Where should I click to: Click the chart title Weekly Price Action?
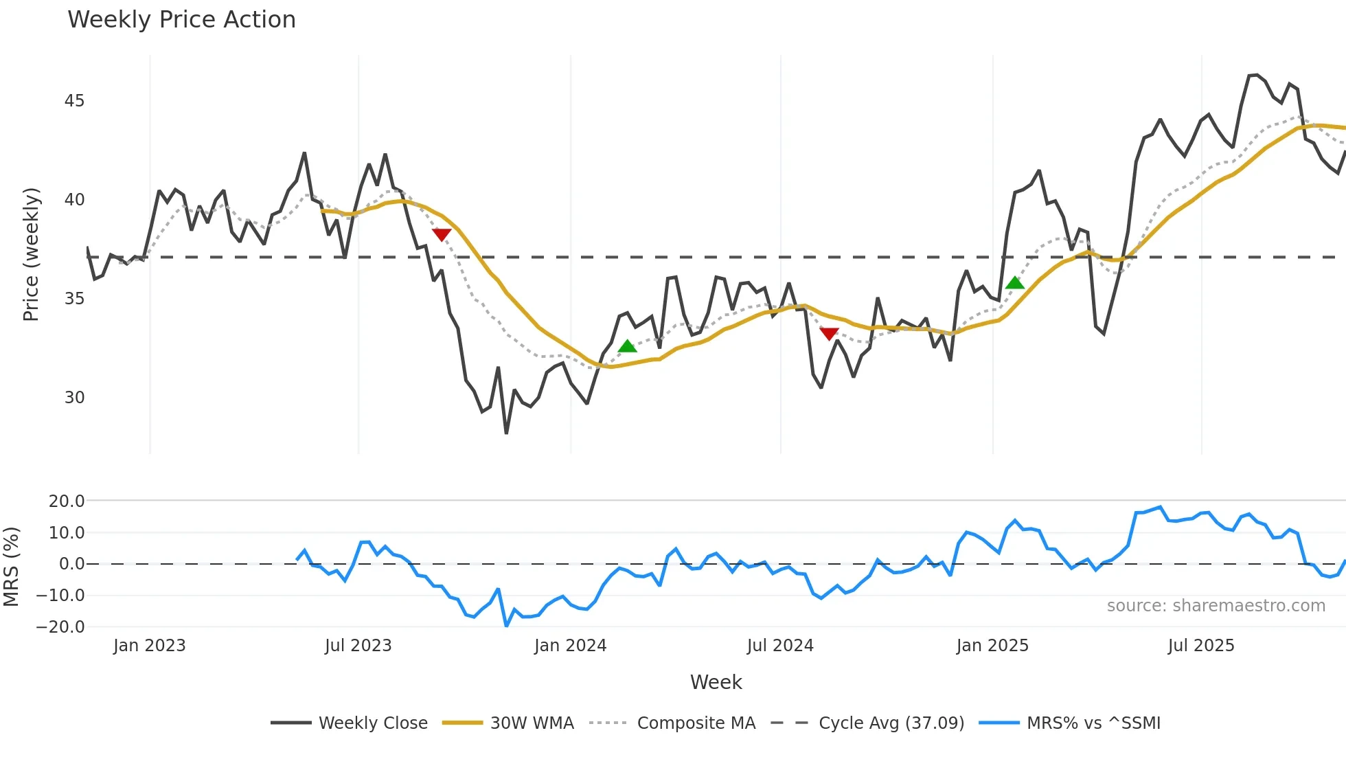(x=181, y=20)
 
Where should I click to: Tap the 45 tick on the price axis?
(x=74, y=101)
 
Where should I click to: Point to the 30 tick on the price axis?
(x=74, y=398)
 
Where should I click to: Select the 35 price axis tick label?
(x=74, y=299)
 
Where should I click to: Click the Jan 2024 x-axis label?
(x=570, y=646)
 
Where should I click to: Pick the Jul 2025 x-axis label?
(x=1200, y=646)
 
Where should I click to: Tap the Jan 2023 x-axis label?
(x=149, y=646)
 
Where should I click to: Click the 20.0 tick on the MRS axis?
(x=67, y=501)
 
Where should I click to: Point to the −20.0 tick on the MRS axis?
(x=60, y=626)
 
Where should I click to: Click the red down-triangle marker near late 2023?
(x=442, y=235)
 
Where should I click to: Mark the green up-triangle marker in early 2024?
(x=627, y=346)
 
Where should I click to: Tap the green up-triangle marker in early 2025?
(x=1014, y=282)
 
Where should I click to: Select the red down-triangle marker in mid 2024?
(x=829, y=334)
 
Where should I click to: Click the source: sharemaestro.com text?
(x=1216, y=606)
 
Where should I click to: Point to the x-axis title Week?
(x=716, y=682)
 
